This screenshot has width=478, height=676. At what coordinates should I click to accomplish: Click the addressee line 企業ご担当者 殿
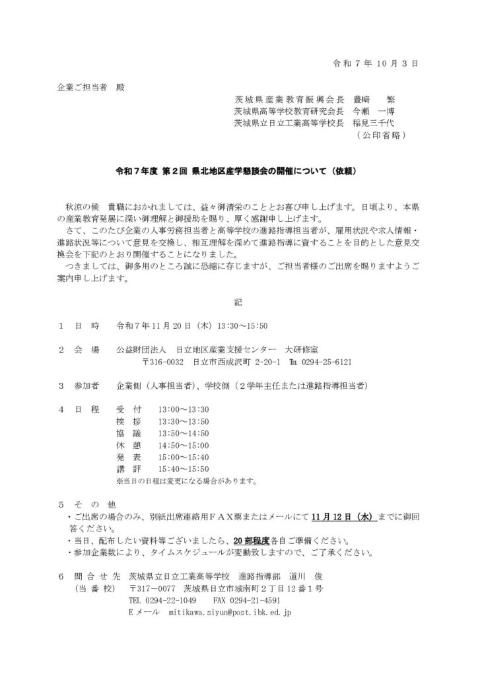click(89, 87)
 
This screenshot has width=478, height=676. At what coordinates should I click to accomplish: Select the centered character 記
click(238, 302)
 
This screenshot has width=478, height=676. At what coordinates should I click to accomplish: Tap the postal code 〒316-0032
click(164, 362)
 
